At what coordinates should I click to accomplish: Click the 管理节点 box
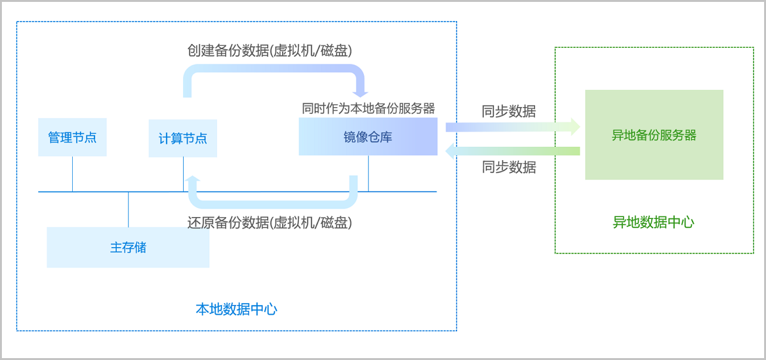(72, 137)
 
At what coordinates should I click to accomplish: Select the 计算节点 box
(183, 138)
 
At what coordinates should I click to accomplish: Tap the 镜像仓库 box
(368, 137)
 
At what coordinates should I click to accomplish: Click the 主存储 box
(128, 247)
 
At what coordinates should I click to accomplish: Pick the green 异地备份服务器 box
(654, 135)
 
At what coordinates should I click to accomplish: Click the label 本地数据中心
(236, 310)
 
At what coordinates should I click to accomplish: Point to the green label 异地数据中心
(654, 222)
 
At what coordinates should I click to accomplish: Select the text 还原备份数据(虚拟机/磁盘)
(269, 223)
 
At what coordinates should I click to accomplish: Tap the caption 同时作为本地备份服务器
(368, 108)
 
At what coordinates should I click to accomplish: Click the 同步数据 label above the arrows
(509, 111)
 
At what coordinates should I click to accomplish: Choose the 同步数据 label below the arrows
(509, 167)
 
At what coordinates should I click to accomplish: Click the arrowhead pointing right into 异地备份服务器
(575, 126)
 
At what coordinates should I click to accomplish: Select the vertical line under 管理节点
(72, 174)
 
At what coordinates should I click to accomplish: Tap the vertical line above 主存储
(128, 209)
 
